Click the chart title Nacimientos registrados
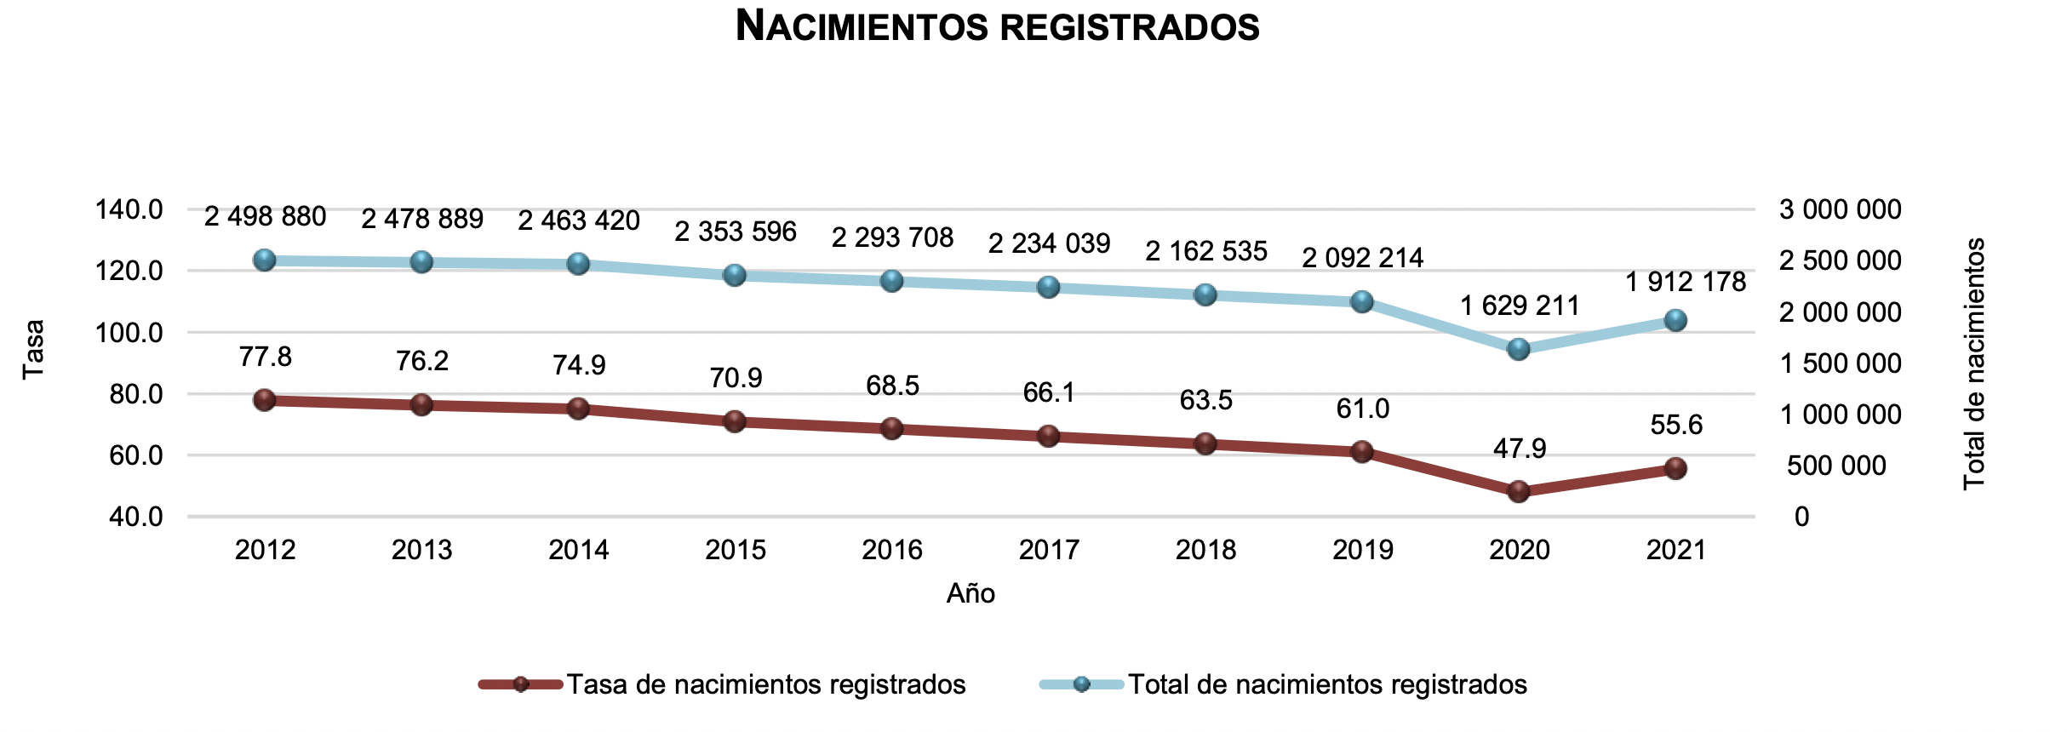click(x=997, y=26)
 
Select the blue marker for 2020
click(x=1519, y=349)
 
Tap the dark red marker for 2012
click(x=265, y=400)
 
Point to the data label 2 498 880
click(x=266, y=217)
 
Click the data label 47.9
click(x=1520, y=449)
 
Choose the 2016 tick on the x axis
click(x=892, y=550)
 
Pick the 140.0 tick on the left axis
click(x=129, y=209)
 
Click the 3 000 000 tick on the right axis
click(x=1840, y=209)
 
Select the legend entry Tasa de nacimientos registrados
click(x=766, y=684)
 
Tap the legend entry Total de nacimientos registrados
click(x=1327, y=684)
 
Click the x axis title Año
click(x=971, y=593)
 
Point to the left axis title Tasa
click(x=33, y=349)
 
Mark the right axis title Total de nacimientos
click(x=1974, y=363)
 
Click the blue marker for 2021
click(x=1675, y=320)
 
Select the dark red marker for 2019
click(x=1362, y=451)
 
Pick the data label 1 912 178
click(x=1686, y=282)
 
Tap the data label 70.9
click(x=736, y=378)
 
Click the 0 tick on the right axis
click(x=1801, y=517)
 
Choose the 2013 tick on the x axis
click(x=422, y=550)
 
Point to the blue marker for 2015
click(x=735, y=275)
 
